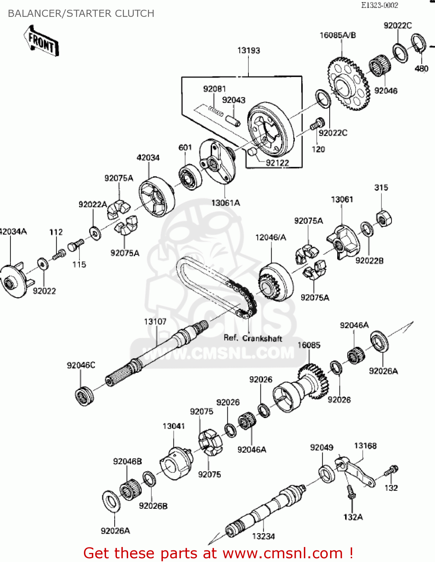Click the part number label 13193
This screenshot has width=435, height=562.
(248, 50)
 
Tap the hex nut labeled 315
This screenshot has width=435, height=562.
(383, 218)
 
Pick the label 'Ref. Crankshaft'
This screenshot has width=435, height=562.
(253, 338)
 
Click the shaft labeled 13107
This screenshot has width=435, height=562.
(157, 354)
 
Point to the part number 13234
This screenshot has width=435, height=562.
(263, 536)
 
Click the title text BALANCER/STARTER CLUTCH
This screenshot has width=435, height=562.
(81, 13)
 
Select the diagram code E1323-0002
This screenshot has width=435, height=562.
(379, 5)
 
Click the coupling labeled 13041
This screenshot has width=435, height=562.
(175, 463)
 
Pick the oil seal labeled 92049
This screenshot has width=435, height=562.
(327, 473)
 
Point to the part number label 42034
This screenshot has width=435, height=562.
(148, 157)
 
